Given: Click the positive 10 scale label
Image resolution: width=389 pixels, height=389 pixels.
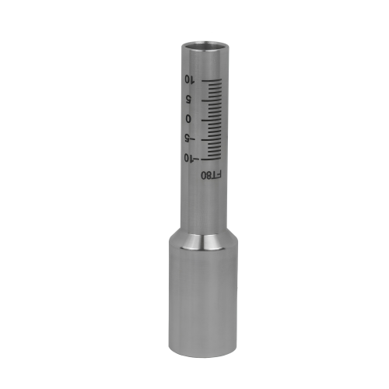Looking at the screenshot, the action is click(x=189, y=79).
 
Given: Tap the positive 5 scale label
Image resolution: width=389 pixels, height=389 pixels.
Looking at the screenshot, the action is click(x=188, y=99).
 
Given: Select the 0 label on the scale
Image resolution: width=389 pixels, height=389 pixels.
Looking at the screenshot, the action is click(x=188, y=119).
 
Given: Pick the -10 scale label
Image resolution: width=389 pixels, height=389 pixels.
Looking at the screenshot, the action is click(x=191, y=158).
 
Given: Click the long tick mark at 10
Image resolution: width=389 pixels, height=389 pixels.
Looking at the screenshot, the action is click(x=212, y=81).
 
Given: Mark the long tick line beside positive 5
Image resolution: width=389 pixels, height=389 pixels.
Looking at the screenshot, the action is click(x=212, y=100).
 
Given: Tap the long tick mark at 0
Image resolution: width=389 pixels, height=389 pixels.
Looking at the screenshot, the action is click(x=212, y=120).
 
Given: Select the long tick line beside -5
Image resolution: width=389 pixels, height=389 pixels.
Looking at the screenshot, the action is click(x=212, y=140).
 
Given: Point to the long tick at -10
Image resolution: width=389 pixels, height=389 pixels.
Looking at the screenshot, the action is click(x=212, y=159).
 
